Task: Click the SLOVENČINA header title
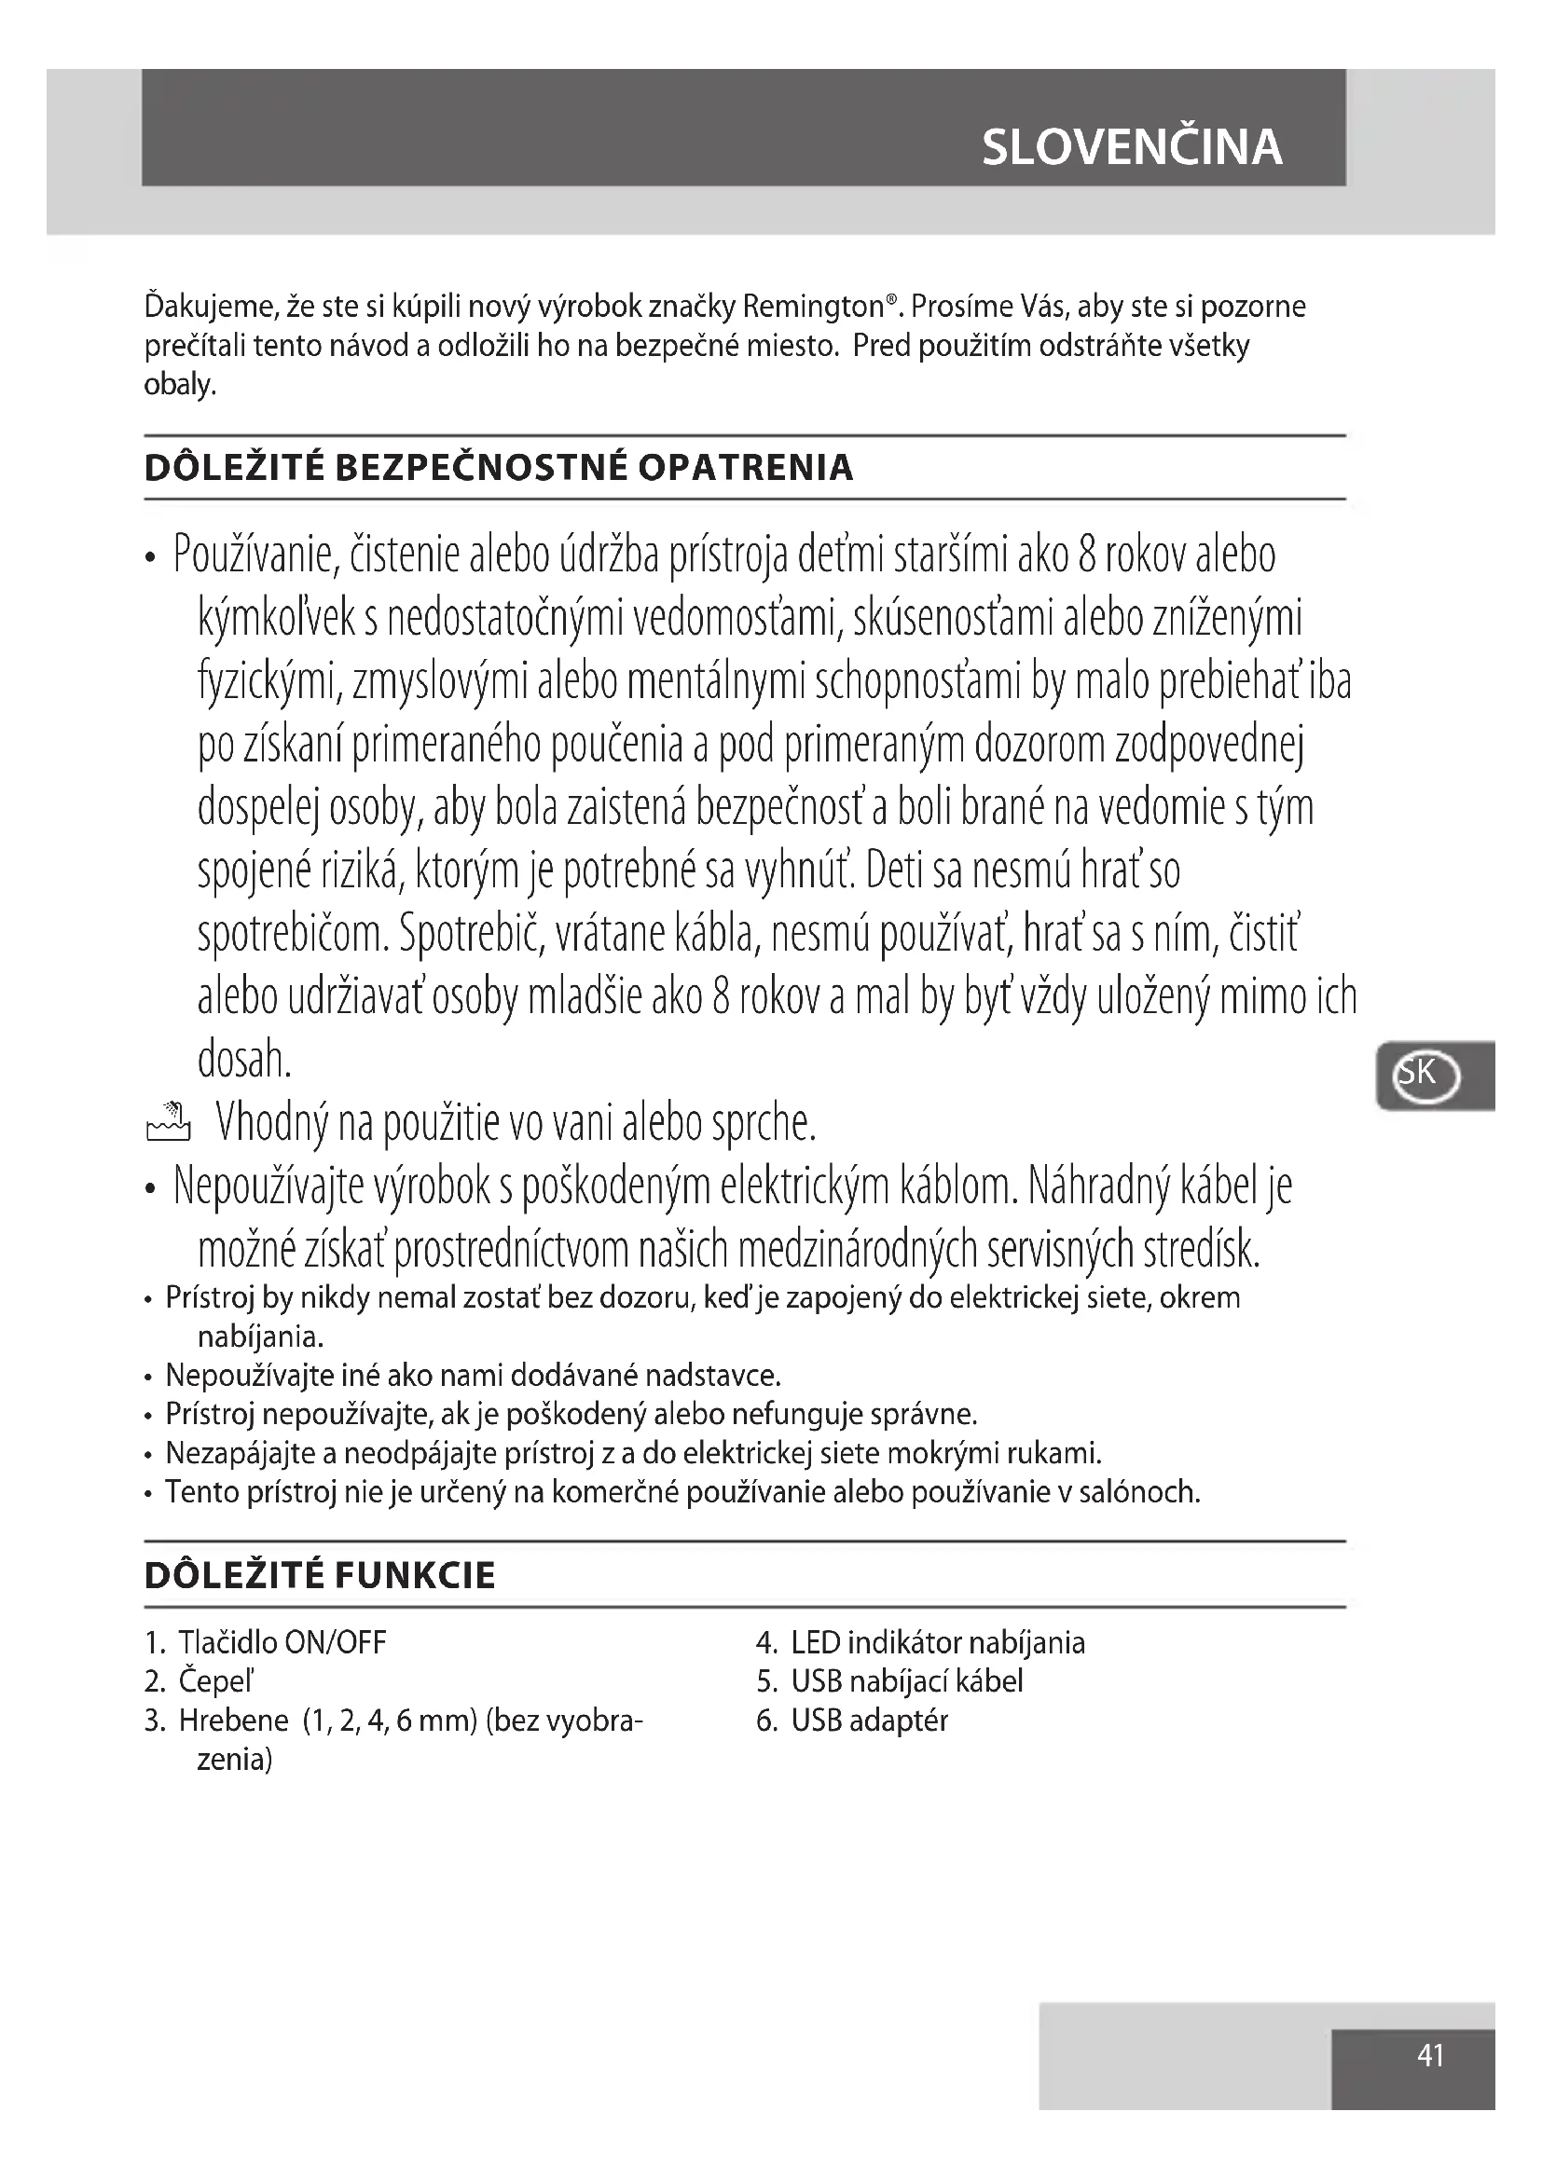coord(1131,147)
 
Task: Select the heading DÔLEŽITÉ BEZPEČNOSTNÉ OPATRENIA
coord(499,467)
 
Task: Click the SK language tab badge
coord(1425,1074)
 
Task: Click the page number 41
coord(1430,2055)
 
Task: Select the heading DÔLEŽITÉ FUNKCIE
coord(320,1575)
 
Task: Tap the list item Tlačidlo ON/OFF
coord(282,1642)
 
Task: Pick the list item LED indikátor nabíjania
coord(937,1642)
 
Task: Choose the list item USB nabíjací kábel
coord(907,1681)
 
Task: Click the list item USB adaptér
coord(869,1721)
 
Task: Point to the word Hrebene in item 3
coord(234,1721)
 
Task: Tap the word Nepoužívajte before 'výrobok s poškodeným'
coord(268,1186)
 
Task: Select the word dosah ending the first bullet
coord(243,1060)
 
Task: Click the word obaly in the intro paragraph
coord(179,385)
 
